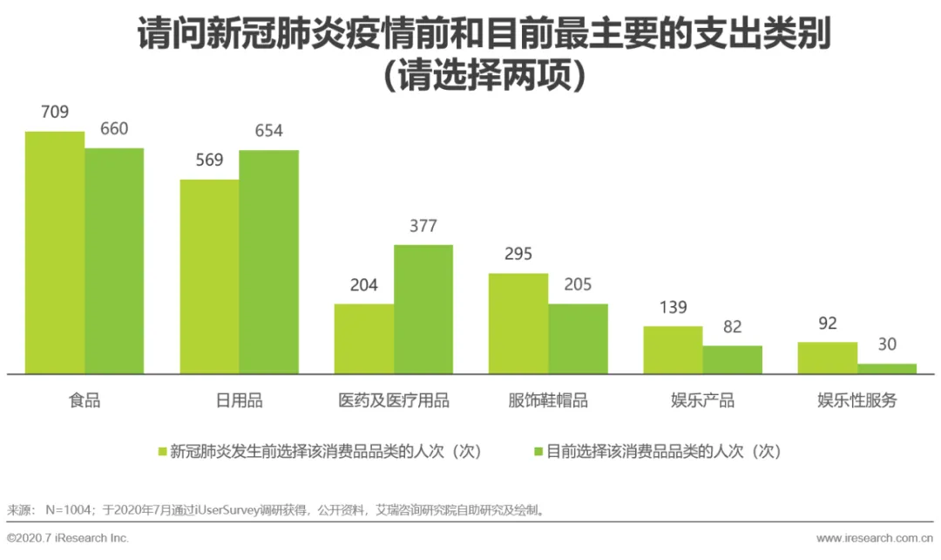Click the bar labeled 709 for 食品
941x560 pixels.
click(55, 252)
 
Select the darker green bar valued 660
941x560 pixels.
click(114, 261)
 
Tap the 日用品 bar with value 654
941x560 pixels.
click(269, 262)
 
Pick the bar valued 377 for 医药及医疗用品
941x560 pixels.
click(423, 310)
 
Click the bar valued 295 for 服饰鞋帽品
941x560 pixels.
click(518, 324)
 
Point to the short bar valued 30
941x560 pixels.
click(887, 369)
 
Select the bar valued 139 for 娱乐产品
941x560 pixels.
click(673, 351)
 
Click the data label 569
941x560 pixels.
click(209, 160)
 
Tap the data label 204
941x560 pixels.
click(363, 285)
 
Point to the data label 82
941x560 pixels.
click(732, 327)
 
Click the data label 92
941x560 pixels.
click(828, 324)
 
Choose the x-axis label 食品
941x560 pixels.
click(85, 400)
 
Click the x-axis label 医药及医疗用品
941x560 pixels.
click(394, 400)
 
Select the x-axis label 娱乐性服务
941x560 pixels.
click(857, 400)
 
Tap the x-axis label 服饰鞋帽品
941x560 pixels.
click(548, 400)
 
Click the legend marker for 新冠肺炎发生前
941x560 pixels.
click(162, 451)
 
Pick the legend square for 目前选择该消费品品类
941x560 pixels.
click(538, 451)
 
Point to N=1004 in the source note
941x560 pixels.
click(68, 510)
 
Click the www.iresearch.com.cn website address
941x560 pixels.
click(875, 538)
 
